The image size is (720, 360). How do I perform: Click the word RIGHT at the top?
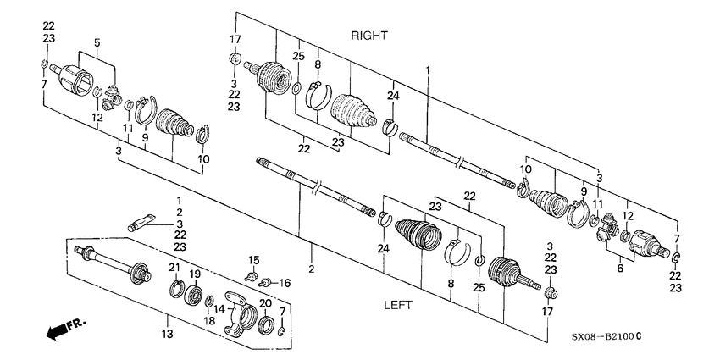click(x=369, y=36)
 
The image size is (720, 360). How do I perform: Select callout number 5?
click(x=97, y=42)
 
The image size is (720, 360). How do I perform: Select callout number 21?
click(x=174, y=268)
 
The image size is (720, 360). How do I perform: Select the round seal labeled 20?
click(x=264, y=323)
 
